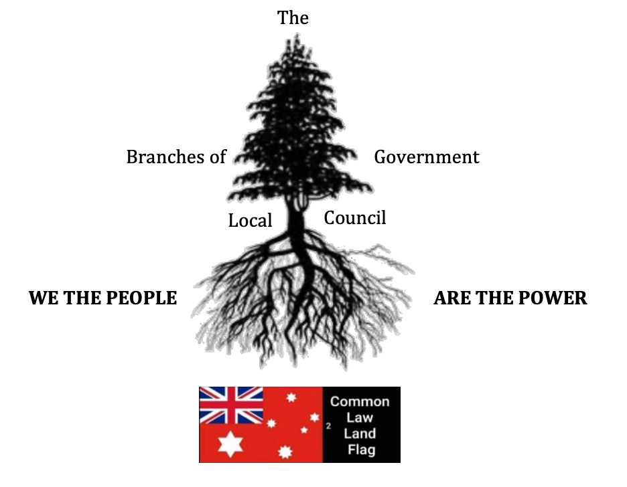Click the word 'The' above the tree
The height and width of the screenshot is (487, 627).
(x=293, y=17)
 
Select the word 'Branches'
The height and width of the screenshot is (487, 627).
(x=165, y=157)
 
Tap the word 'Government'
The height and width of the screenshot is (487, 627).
(x=427, y=157)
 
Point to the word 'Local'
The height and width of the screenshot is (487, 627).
(x=250, y=221)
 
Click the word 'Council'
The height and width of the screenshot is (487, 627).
(x=355, y=218)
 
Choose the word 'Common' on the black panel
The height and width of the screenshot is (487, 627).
(x=360, y=401)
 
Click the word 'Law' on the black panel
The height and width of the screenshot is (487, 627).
(x=360, y=417)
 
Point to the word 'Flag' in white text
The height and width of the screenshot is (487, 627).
(x=360, y=449)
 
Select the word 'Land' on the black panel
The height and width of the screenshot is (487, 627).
(x=360, y=433)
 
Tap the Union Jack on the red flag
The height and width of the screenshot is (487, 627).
(x=231, y=405)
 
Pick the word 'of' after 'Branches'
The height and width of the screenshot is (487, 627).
(x=217, y=157)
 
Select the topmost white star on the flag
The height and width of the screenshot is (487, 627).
(x=291, y=398)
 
